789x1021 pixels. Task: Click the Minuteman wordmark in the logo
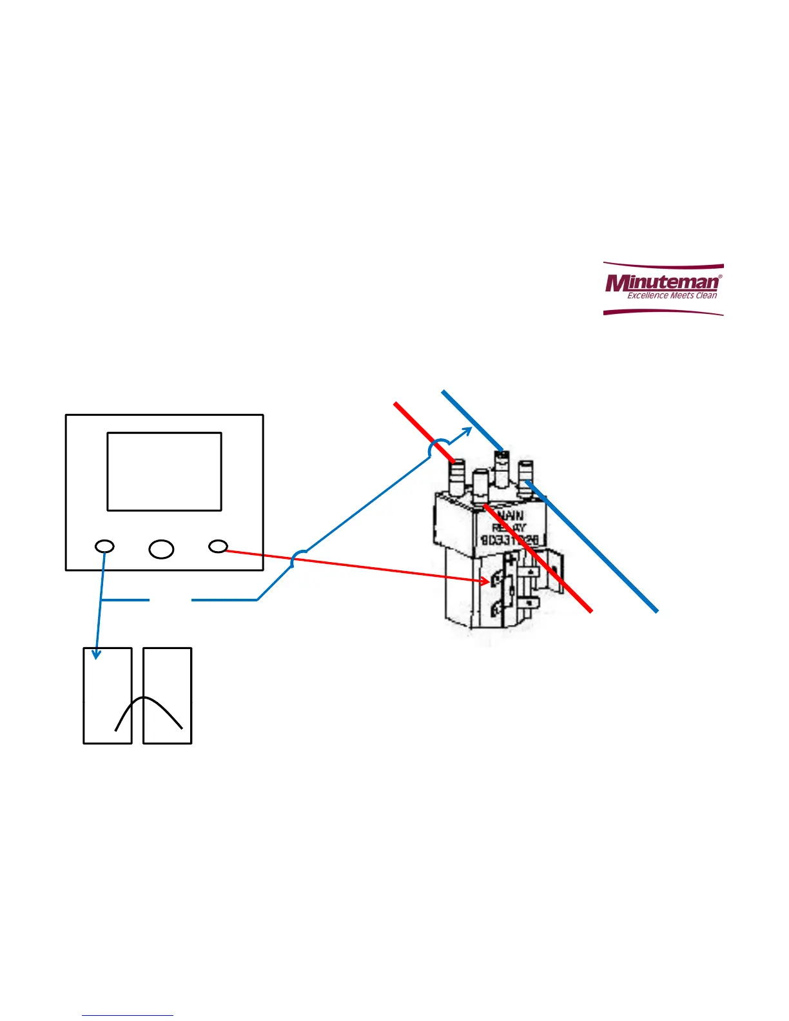click(662, 283)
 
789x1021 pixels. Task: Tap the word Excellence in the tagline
click(647, 296)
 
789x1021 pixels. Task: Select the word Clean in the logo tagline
click(706, 296)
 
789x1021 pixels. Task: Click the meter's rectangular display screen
click(164, 471)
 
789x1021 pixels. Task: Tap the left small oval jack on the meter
click(104, 547)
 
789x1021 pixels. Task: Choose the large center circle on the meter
click(161, 549)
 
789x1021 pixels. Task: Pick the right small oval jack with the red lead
click(218, 547)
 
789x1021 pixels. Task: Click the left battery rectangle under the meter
click(108, 695)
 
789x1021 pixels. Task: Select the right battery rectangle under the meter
click(168, 695)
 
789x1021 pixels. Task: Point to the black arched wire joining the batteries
click(147, 699)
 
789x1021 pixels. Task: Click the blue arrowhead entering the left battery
click(97, 654)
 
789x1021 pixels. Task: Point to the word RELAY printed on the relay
click(509, 527)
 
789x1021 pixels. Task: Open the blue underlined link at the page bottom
click(128, 1016)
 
